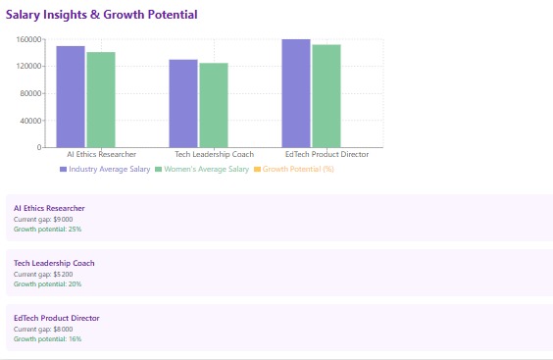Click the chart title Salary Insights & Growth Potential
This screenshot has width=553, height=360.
[102, 15]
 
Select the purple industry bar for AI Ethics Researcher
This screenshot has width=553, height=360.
[71, 96]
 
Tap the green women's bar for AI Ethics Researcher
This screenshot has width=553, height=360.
[101, 99]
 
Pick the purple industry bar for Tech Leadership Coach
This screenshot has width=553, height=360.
[183, 103]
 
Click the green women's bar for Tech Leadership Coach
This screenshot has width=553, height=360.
[214, 105]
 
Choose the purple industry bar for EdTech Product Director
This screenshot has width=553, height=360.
[296, 93]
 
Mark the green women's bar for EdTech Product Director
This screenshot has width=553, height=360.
[327, 96]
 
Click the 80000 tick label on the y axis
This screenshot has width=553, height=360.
[29, 93]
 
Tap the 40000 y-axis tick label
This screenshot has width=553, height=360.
[29, 121]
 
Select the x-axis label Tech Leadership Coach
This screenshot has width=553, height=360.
[214, 155]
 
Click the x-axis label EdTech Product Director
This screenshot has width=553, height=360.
[327, 155]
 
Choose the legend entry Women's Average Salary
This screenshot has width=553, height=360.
[206, 170]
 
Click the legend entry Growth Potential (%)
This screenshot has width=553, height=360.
[298, 170]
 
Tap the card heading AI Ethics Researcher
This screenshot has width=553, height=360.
[49, 208]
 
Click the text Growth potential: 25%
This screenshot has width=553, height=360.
[47, 229]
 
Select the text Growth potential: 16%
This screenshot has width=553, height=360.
[47, 338]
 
